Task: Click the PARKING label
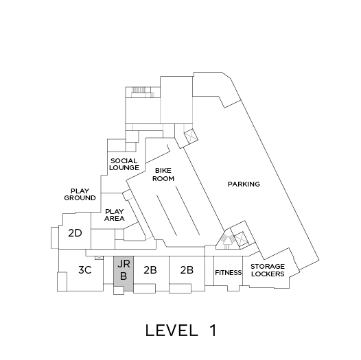click(x=244, y=184)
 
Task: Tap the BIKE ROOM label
click(x=163, y=175)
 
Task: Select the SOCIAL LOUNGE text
click(x=124, y=165)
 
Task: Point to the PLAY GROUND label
click(x=80, y=194)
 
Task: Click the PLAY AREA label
click(x=115, y=215)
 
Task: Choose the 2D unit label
click(x=75, y=233)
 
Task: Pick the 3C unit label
click(x=85, y=269)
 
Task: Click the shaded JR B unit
click(x=124, y=274)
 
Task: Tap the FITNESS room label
click(x=228, y=273)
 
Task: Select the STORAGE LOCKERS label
click(x=268, y=270)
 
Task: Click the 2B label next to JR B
click(x=150, y=269)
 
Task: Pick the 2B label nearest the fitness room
click(x=187, y=269)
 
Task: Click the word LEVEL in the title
click(x=172, y=331)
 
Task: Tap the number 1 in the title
click(x=213, y=331)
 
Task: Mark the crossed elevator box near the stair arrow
click(x=240, y=239)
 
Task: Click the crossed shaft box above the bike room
click(x=191, y=136)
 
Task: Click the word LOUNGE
click(x=124, y=168)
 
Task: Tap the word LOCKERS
click(x=268, y=274)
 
